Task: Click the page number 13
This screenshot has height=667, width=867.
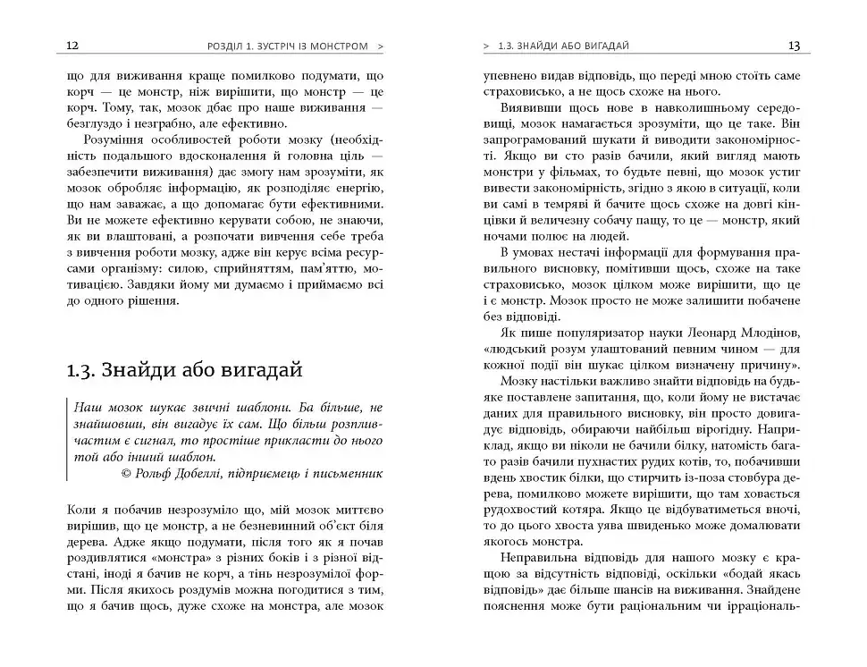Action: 794,45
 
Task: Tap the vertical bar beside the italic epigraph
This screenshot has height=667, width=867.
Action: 69,435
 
